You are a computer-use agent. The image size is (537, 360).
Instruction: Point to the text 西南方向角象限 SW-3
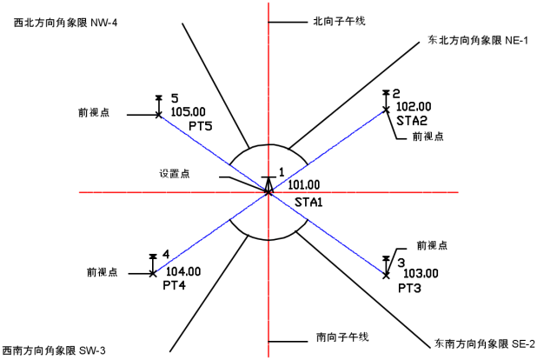[53, 350]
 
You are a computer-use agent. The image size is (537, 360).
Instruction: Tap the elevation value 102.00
[413, 107]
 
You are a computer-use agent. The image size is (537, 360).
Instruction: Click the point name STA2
[411, 121]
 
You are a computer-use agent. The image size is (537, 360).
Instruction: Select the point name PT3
[410, 287]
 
